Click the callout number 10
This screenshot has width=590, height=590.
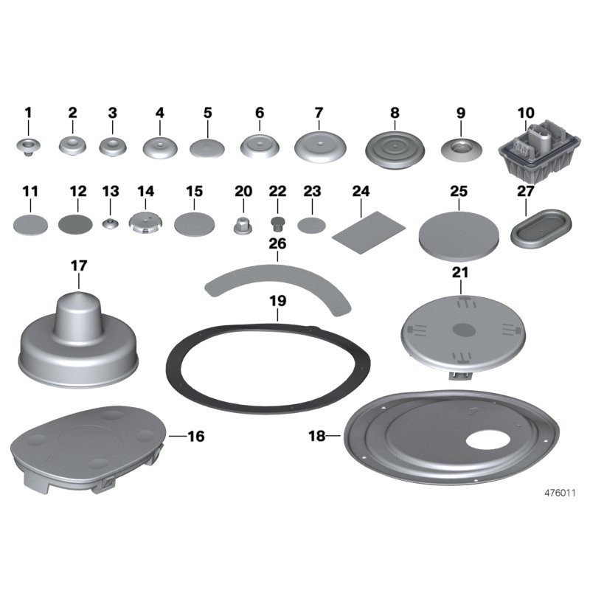(x=526, y=113)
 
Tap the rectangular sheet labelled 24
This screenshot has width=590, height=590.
(x=369, y=232)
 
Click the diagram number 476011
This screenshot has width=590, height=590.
(x=560, y=493)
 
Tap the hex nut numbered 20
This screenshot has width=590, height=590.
(x=243, y=226)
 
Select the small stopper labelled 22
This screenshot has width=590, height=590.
(x=277, y=224)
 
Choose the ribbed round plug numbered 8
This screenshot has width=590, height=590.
(x=395, y=150)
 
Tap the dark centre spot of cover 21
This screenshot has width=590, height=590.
(x=464, y=330)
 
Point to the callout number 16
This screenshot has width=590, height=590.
(x=196, y=436)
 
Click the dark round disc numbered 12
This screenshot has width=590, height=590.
(x=75, y=224)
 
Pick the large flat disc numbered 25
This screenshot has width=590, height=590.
(x=459, y=236)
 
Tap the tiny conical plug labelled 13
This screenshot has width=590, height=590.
(x=110, y=223)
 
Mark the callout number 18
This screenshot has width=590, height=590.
(x=317, y=436)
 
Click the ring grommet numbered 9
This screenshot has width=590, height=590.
(x=462, y=150)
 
